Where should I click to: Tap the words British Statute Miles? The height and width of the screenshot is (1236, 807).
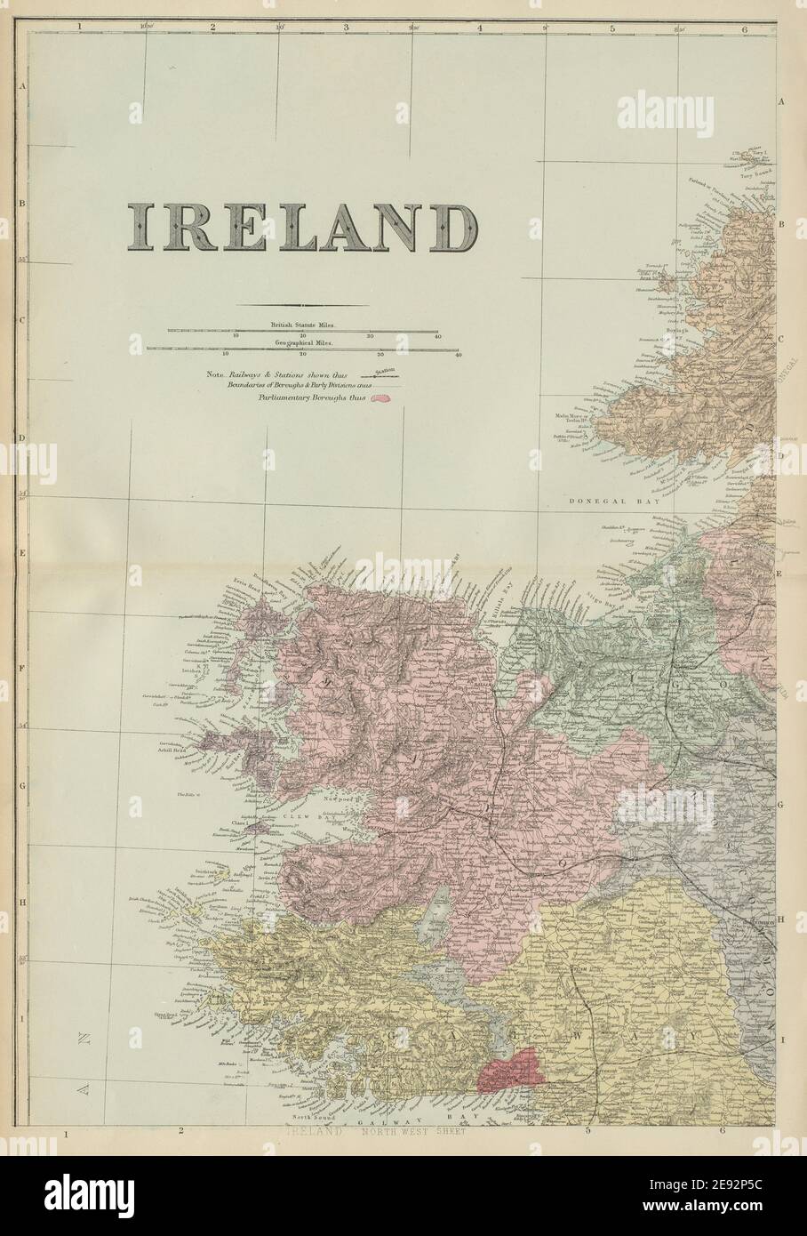302,327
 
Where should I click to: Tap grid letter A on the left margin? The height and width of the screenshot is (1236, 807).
22,86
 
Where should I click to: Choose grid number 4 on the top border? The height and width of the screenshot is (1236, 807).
479,28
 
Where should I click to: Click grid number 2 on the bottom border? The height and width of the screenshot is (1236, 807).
180,1132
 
